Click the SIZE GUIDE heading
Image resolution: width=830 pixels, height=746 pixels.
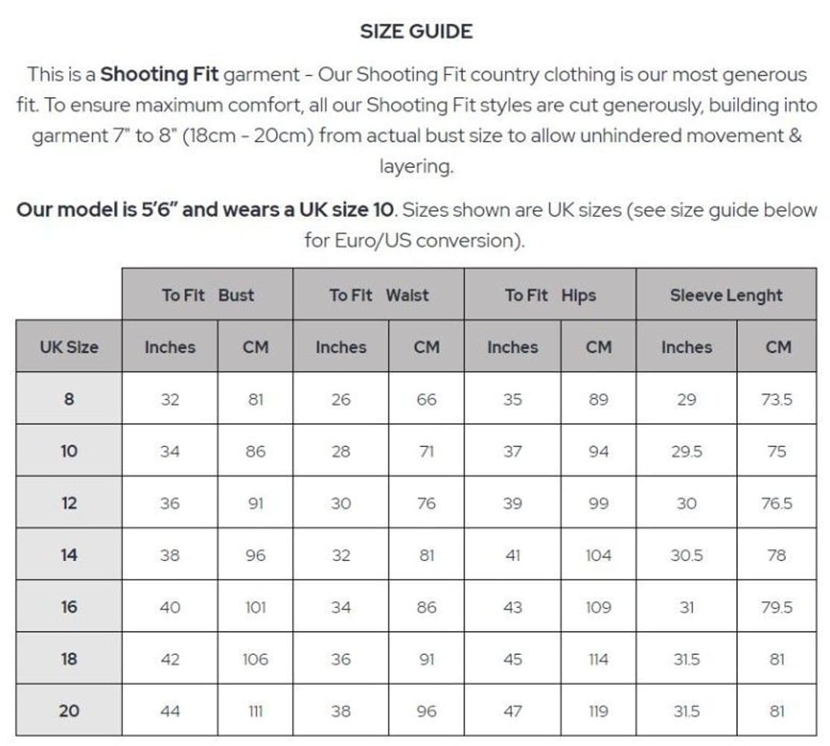(x=415, y=31)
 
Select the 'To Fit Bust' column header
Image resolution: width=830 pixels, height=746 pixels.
(x=207, y=295)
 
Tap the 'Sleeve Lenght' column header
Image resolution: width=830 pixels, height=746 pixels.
(x=726, y=295)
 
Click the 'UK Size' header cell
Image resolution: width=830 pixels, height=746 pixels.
(x=69, y=347)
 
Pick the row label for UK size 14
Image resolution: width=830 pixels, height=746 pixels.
(x=69, y=555)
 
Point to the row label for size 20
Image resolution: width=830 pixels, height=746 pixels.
(x=69, y=711)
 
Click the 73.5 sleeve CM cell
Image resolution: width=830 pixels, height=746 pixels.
(x=776, y=399)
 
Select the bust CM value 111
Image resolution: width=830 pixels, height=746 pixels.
(x=255, y=711)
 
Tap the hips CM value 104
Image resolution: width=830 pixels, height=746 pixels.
(x=598, y=555)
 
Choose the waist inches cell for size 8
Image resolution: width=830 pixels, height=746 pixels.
(x=341, y=399)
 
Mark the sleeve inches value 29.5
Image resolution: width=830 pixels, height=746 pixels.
(x=686, y=451)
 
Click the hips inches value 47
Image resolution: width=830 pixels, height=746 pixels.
(x=512, y=711)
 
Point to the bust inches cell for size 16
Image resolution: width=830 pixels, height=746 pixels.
(x=170, y=607)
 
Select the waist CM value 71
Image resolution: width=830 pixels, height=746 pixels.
(x=427, y=451)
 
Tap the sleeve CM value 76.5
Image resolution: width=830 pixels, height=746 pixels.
(x=776, y=503)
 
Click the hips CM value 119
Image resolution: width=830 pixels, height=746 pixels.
(x=598, y=711)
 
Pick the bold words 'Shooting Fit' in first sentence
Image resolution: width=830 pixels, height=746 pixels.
(x=159, y=75)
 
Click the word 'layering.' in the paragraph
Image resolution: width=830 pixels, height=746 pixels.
(x=415, y=166)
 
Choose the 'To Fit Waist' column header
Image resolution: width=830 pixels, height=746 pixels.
(x=379, y=295)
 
